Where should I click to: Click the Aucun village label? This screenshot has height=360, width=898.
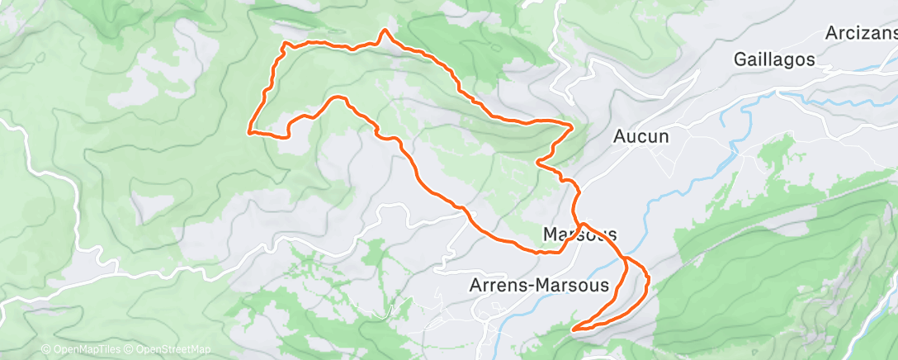point(641,137)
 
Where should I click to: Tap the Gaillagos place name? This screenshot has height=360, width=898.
point(774,59)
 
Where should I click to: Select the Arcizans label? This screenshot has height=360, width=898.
point(861,34)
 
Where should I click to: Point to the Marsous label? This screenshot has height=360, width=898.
point(580,234)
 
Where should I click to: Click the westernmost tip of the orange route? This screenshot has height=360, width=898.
point(249,130)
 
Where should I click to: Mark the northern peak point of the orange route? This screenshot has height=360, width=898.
point(384,31)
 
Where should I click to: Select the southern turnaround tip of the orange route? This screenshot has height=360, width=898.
point(572,330)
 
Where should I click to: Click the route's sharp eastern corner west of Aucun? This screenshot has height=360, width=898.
point(572,126)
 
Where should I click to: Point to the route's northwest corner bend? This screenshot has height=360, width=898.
point(285,43)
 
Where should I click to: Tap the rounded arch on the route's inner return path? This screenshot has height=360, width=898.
point(337,98)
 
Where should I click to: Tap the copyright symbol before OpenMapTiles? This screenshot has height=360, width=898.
point(45,350)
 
